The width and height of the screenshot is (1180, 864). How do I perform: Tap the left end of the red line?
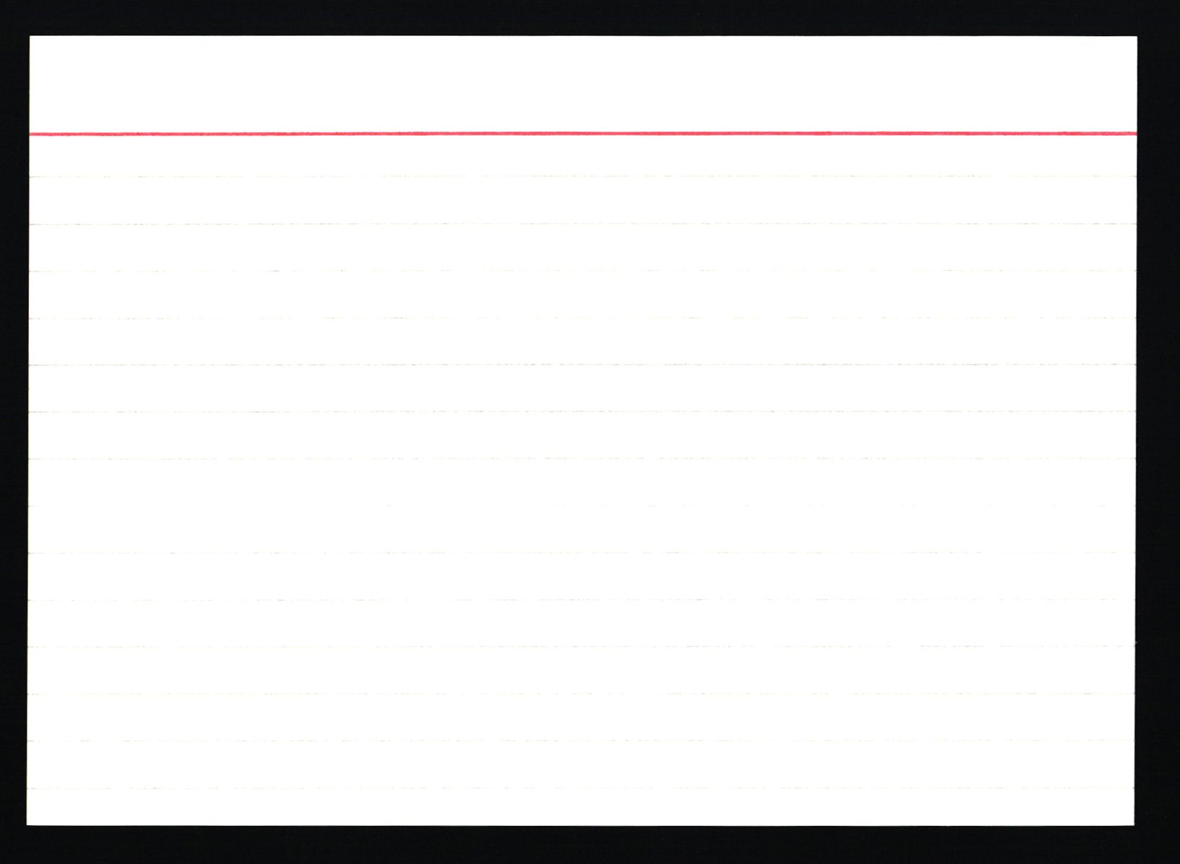point(30,133)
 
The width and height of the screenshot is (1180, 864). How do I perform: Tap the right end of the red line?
point(1135,133)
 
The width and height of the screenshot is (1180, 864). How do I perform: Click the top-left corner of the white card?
point(30,36)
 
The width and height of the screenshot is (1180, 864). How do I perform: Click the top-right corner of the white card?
point(1136,36)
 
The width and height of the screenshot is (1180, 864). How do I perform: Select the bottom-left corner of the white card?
point(28,825)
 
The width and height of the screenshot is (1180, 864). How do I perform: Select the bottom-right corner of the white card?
point(1135,825)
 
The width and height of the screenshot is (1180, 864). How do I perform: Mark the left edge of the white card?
point(29,433)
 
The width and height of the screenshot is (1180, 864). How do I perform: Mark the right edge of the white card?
point(1136,433)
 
